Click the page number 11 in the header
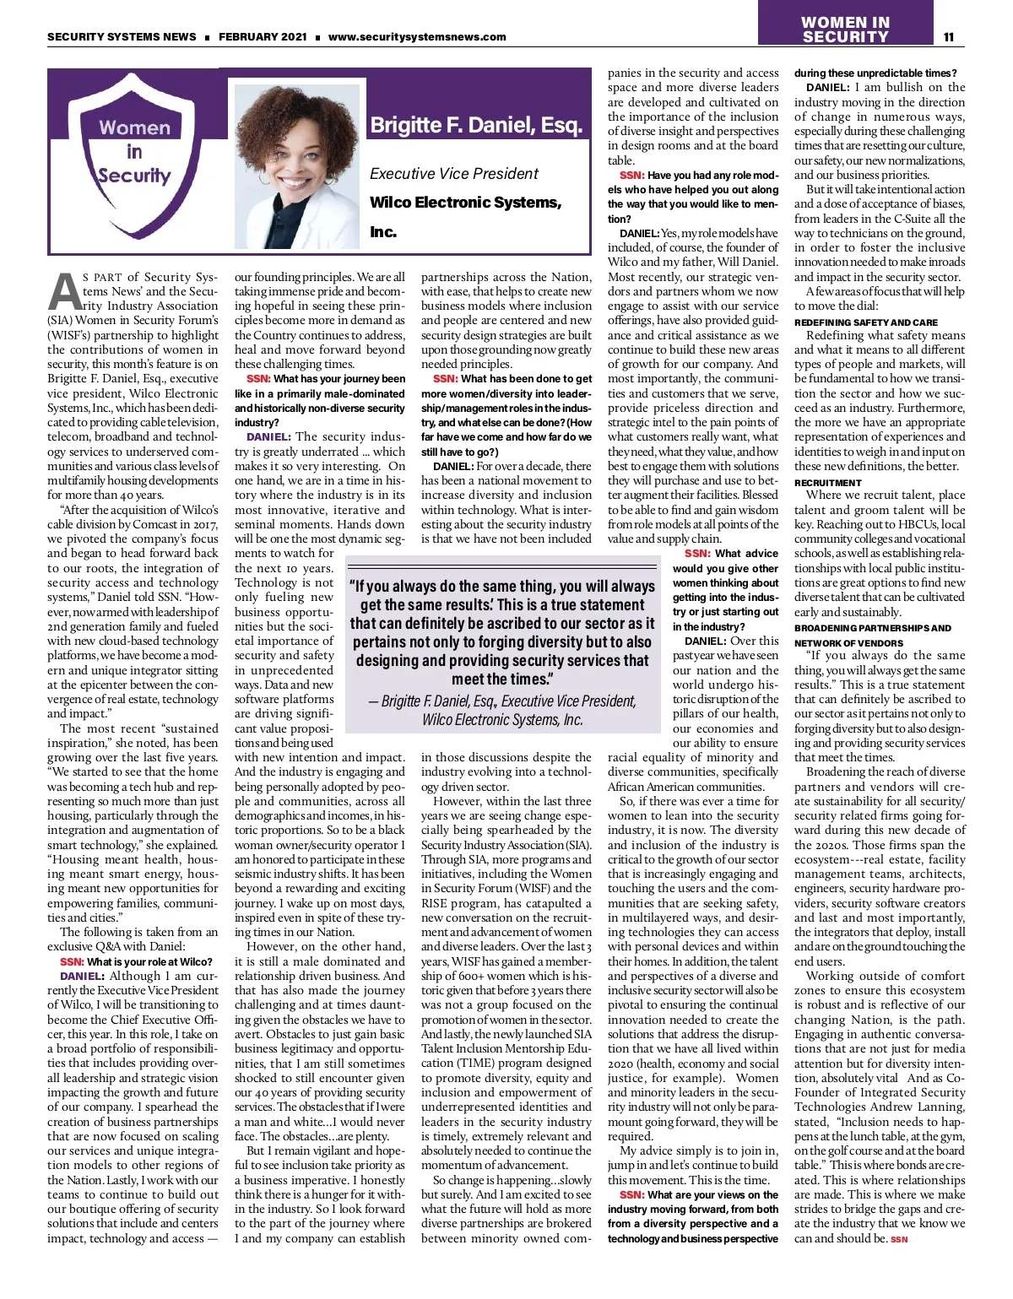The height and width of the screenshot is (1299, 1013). click(948, 37)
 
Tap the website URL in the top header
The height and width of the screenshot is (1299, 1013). click(417, 37)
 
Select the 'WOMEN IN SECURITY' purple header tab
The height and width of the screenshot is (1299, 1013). click(845, 30)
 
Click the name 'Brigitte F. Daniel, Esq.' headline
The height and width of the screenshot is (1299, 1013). click(476, 126)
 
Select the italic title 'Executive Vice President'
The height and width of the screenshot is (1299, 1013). click(453, 174)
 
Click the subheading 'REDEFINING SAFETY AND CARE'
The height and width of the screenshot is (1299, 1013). click(865, 322)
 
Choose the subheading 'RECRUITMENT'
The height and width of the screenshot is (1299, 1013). click(827, 483)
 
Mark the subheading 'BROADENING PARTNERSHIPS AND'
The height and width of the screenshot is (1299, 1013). click(872, 628)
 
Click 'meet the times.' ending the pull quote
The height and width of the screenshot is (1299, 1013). click(502, 679)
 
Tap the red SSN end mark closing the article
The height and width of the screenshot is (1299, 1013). click(899, 1239)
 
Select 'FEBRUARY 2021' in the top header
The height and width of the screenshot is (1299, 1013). click(263, 37)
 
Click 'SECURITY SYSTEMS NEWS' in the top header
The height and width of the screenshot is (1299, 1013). click(122, 37)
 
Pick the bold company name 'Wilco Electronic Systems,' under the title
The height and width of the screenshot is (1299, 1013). click(465, 203)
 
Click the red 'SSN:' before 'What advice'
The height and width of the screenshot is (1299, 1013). click(697, 554)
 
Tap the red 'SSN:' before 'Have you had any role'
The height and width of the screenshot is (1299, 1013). click(632, 176)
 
